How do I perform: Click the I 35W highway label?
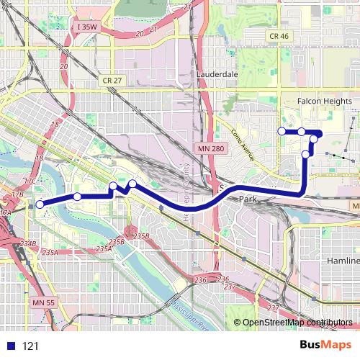(x=85, y=27)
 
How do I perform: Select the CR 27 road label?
(x=113, y=81)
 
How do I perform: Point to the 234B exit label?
(x=28, y=244)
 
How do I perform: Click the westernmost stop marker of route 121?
(x=40, y=204)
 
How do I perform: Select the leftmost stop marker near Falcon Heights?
(x=282, y=131)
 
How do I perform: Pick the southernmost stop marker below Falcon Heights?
(x=306, y=154)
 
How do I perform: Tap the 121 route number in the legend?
(x=30, y=346)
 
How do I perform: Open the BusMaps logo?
(x=325, y=345)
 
